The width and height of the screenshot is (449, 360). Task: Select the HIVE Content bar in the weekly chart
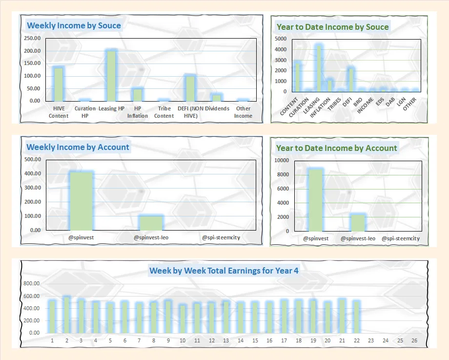click(x=58, y=84)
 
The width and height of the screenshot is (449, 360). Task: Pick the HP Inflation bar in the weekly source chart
click(x=138, y=94)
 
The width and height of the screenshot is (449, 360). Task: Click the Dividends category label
click(x=217, y=108)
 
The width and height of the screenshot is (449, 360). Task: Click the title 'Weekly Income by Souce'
click(x=74, y=25)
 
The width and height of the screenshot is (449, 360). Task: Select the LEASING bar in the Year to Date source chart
click(x=318, y=68)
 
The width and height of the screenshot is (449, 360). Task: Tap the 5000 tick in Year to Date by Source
click(x=280, y=39)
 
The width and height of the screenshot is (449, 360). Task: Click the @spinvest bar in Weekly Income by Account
click(x=81, y=201)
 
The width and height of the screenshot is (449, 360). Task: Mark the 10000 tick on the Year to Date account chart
click(x=281, y=161)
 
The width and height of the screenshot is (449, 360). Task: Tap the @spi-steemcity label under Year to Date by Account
click(x=400, y=238)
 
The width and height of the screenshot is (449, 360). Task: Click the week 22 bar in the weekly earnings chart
click(x=356, y=317)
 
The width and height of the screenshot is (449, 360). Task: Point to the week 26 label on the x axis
click(x=414, y=340)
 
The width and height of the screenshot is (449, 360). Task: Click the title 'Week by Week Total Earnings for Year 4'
click(x=224, y=270)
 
